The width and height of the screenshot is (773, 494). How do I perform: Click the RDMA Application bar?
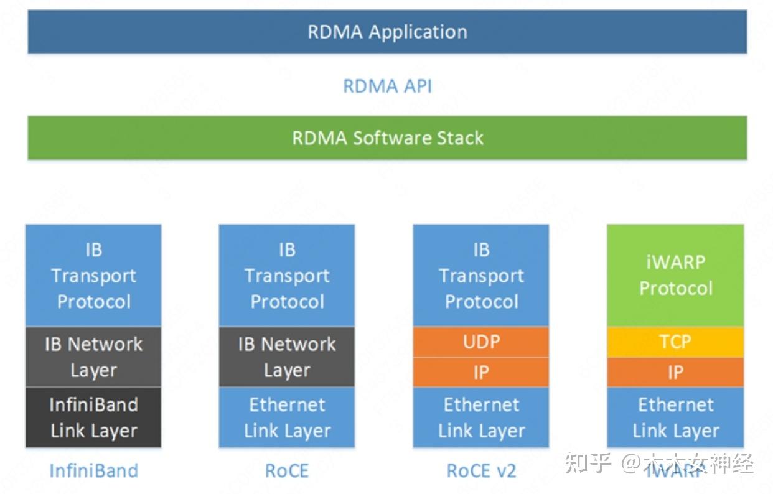(387, 32)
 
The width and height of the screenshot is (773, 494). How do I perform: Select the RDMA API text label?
(387, 86)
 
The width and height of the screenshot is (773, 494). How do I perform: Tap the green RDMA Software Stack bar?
(387, 137)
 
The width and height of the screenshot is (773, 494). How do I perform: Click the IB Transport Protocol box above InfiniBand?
(93, 276)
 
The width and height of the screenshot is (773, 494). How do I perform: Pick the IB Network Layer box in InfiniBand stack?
(93, 357)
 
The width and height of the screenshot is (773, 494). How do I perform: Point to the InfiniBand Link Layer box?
(93, 417)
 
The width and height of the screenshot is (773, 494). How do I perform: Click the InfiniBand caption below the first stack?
(93, 470)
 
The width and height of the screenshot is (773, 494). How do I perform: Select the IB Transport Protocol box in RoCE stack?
(287, 276)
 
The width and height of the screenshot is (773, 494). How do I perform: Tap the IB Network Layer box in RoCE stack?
(287, 357)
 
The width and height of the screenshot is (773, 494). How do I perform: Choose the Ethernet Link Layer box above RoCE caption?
(287, 417)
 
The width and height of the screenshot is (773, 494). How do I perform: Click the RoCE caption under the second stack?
(287, 470)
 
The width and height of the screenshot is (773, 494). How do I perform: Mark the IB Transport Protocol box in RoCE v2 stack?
(481, 276)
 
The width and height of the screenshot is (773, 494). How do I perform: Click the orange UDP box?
(481, 342)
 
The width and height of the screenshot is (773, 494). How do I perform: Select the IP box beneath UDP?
(481, 372)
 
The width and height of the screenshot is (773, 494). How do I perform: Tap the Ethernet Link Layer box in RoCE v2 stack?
(481, 417)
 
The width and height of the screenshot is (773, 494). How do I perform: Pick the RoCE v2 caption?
(481, 470)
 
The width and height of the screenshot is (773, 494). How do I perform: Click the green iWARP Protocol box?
(675, 276)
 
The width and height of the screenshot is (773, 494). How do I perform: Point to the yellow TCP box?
(675, 342)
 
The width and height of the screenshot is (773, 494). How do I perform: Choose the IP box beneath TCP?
(675, 372)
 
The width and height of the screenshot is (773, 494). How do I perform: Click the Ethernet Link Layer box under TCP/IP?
(675, 417)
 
